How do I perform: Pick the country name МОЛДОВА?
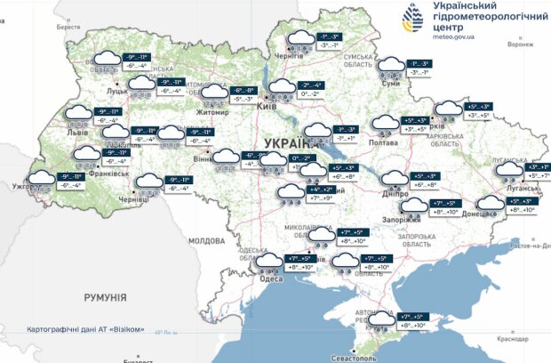coord(207,240)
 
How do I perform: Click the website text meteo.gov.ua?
coord(454,38)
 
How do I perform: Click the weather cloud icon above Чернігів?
coord(299,40)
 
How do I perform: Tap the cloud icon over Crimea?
coord(383,320)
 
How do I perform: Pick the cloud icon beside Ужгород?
coord(40,181)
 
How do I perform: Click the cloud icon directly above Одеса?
coord(268,262)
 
